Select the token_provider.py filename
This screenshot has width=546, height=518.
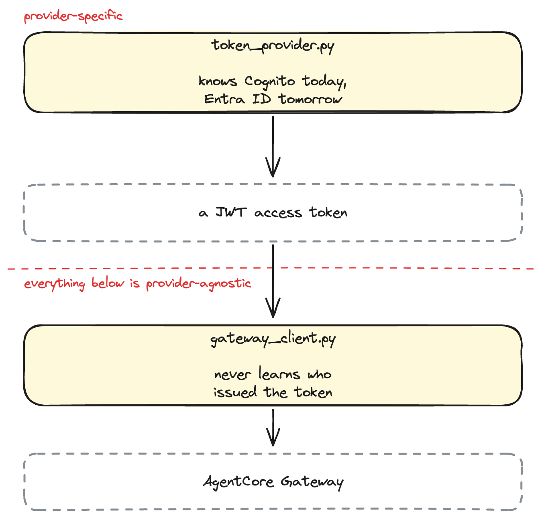(x=273, y=46)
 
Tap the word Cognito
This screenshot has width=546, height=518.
(x=269, y=82)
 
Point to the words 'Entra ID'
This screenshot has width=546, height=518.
(x=237, y=99)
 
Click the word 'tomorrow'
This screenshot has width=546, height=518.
(x=310, y=99)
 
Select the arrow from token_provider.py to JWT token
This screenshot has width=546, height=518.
(x=273, y=147)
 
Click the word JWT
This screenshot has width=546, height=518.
(x=231, y=212)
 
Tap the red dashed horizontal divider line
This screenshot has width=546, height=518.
(x=271, y=269)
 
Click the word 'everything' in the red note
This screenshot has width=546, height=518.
(x=55, y=284)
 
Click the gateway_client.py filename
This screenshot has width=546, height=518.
(x=273, y=339)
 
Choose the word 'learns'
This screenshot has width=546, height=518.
(x=279, y=373)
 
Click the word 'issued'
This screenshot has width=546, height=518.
(x=235, y=392)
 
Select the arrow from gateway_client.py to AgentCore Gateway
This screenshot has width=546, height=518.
(x=273, y=428)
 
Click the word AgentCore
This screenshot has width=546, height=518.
(x=238, y=482)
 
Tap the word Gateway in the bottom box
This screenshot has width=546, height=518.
(x=312, y=482)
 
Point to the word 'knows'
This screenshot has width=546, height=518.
(x=218, y=81)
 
